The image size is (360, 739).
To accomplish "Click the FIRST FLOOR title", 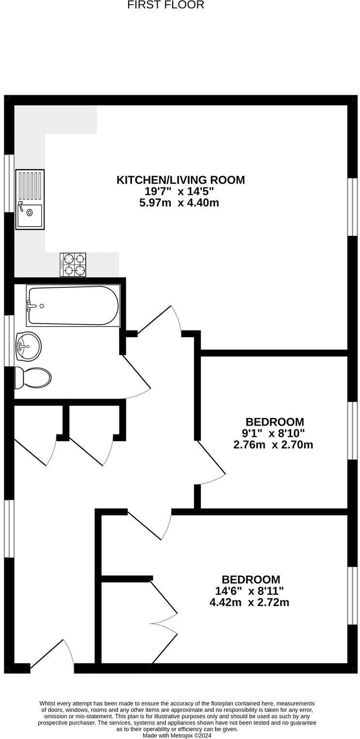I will click(x=165, y=5).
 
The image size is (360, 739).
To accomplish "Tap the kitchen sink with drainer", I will click(x=30, y=199).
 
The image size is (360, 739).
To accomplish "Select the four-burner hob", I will click(x=73, y=265).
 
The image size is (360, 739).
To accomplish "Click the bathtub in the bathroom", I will click(x=73, y=306).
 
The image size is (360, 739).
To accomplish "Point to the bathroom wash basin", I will click(x=28, y=346).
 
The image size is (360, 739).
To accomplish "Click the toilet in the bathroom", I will click(x=33, y=377).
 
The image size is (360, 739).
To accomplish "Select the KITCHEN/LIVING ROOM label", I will click(x=180, y=180).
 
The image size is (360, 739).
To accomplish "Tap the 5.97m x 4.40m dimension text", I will click(x=179, y=203).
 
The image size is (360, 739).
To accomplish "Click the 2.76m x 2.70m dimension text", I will click(x=273, y=444).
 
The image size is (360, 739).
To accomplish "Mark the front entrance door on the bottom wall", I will click(x=52, y=658).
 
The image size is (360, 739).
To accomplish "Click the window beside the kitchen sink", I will click(x=9, y=183).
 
